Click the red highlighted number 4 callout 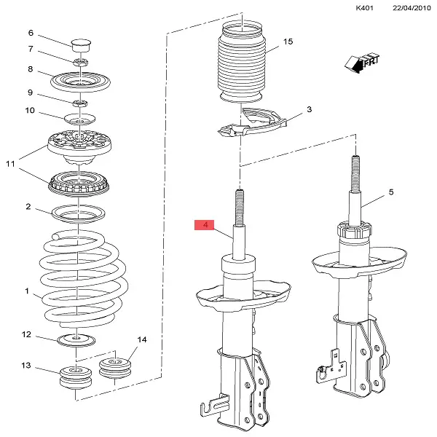pos(205,226)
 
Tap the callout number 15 pos(288,42)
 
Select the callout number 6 pos(31,33)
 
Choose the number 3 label pos(309,109)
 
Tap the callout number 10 pos(31,111)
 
